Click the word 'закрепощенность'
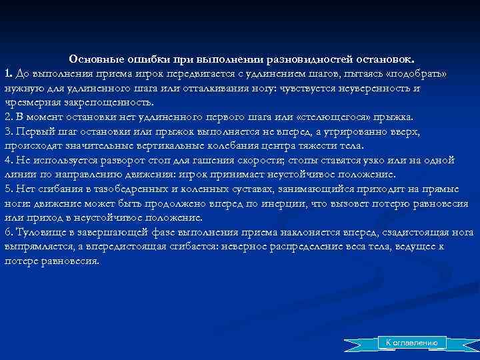[113, 103]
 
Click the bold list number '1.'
[8, 73]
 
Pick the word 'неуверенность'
[368, 88]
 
